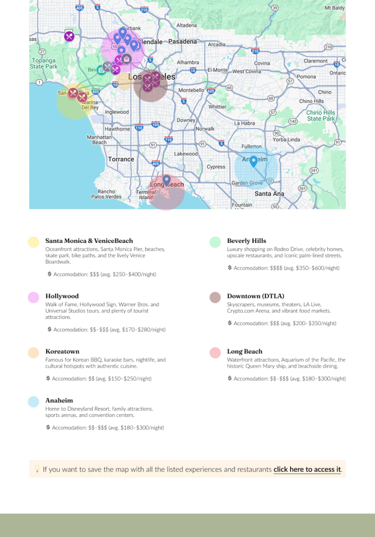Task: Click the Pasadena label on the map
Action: [x=183, y=41]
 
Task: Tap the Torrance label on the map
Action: [x=121, y=159]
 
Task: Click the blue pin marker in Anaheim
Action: [x=253, y=162]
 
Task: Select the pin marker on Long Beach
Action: [x=167, y=180]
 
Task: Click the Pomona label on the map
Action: [x=307, y=77]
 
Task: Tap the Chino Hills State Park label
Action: [x=321, y=115]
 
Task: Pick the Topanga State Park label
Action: [x=44, y=63]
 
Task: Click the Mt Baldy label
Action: [x=335, y=8]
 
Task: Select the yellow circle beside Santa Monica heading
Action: [x=34, y=242]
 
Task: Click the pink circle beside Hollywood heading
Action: [x=34, y=297]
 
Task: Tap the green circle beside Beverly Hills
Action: [x=215, y=242]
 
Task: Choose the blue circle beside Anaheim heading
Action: [x=34, y=402]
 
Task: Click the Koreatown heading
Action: [x=62, y=351]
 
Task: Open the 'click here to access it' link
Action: [x=307, y=469]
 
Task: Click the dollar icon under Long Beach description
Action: [x=230, y=378]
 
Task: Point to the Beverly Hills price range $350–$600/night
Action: [x=312, y=268]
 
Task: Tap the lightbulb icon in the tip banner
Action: [x=37, y=469]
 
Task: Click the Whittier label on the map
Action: [x=217, y=106]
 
